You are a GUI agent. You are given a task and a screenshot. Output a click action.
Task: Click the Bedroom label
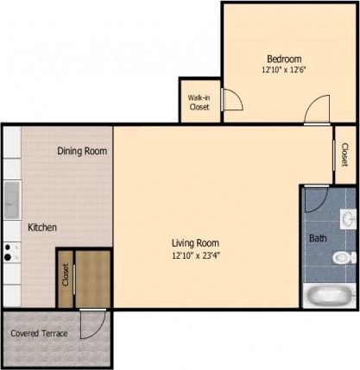[x=283, y=59]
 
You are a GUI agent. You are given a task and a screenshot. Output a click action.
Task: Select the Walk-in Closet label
[x=199, y=103]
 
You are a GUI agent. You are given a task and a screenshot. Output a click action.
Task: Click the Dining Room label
[x=82, y=151]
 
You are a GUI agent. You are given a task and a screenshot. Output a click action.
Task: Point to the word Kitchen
[x=42, y=228]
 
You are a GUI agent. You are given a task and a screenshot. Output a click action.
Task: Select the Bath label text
[x=318, y=237]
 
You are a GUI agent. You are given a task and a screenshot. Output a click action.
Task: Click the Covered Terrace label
[x=40, y=333]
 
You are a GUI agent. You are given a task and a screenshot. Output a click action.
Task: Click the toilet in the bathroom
[x=345, y=254]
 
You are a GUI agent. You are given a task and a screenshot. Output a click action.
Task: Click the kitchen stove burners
[x=11, y=252]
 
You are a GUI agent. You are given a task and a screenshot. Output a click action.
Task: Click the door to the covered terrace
[x=91, y=325]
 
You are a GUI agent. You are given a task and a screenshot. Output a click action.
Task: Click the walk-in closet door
[x=231, y=101]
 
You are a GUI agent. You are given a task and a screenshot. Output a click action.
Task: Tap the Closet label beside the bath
[x=344, y=154]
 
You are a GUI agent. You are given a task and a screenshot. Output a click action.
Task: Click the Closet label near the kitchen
[x=65, y=275]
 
